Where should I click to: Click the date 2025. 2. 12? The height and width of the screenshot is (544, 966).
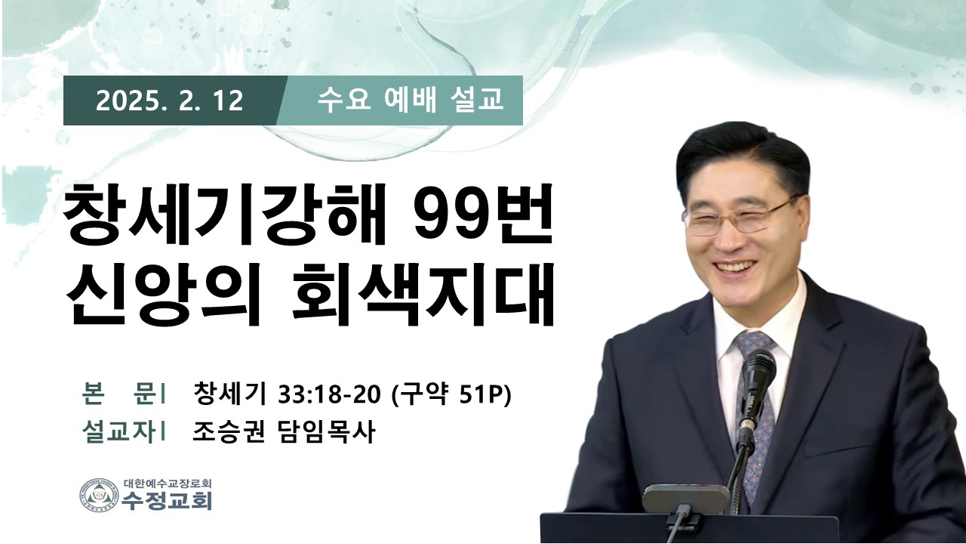tap(170, 101)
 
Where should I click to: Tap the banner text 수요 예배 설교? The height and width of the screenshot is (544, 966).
tap(410, 100)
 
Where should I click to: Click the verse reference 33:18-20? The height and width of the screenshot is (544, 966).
tap(330, 394)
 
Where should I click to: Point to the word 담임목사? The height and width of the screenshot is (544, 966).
tap(325, 432)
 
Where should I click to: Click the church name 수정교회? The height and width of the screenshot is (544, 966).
tap(167, 501)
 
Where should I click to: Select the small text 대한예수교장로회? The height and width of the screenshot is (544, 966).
tap(168, 484)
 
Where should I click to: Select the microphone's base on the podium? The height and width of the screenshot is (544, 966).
tap(686, 499)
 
